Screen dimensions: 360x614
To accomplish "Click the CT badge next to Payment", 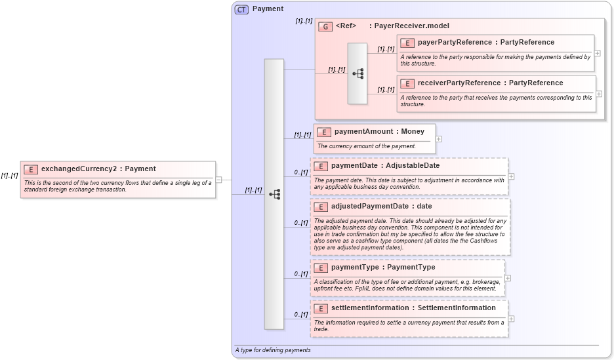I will [x=241, y=9].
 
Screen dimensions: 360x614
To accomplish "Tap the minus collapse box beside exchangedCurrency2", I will [x=218, y=179].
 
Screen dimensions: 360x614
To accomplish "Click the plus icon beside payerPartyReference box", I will [x=598, y=53].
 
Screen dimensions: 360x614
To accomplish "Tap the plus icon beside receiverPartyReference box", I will [x=599, y=94].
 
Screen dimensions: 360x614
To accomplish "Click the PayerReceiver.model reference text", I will [x=409, y=26].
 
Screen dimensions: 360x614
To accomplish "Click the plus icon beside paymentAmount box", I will [x=438, y=139].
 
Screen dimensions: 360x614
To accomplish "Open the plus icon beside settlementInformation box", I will [x=511, y=319].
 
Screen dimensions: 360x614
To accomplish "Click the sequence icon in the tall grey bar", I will [x=274, y=194].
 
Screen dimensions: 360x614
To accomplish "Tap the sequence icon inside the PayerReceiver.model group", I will [x=358, y=73].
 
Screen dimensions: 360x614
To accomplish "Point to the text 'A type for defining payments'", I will [x=273, y=350].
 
